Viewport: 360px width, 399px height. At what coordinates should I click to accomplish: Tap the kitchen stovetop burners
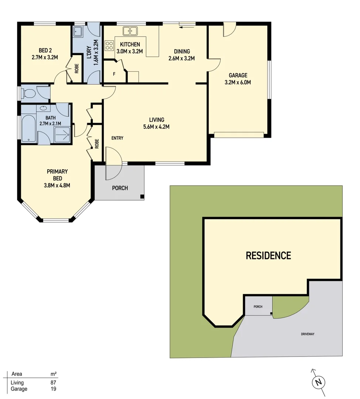pyautogui.click(x=109, y=46)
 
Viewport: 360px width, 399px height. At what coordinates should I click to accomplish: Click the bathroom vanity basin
pyautogui.click(x=44, y=108)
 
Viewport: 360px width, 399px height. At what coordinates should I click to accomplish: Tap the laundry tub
pyautogui.click(x=78, y=33)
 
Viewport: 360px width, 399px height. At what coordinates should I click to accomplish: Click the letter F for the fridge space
pyautogui.click(x=114, y=74)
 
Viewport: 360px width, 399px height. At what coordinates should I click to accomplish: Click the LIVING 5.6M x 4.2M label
pyautogui.click(x=156, y=123)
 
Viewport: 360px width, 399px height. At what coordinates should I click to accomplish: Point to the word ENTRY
pyautogui.click(x=118, y=138)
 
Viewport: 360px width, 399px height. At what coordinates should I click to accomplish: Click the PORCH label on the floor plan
pyautogui.click(x=120, y=188)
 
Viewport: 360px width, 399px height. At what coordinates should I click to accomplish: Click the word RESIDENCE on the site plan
pyautogui.click(x=268, y=255)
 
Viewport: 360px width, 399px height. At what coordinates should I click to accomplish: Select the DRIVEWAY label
pyautogui.click(x=307, y=334)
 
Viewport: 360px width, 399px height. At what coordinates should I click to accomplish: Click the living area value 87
pyautogui.click(x=53, y=383)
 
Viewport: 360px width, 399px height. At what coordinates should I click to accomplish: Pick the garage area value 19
pyautogui.click(x=53, y=389)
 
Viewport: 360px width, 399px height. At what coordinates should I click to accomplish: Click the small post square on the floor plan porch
pyautogui.click(x=142, y=196)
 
